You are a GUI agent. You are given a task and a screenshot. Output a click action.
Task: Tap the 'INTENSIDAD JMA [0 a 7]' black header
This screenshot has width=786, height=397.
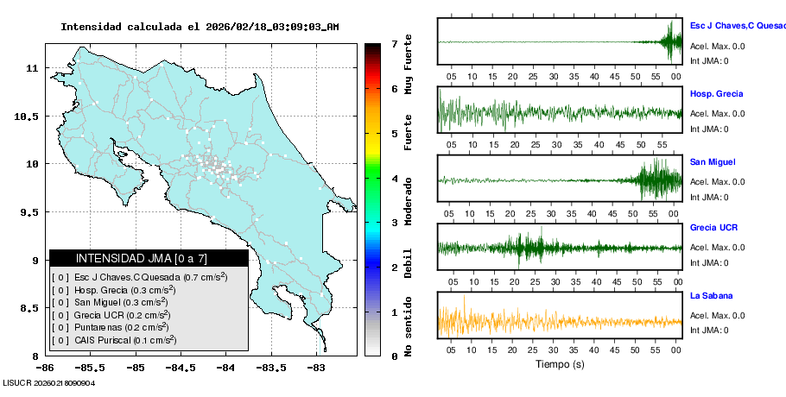pyautogui.click(x=142, y=258)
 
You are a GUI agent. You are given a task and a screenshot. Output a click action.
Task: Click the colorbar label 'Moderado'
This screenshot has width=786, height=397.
pyautogui.click(x=409, y=198)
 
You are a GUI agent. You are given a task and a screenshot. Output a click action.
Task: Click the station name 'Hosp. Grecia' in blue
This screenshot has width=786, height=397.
pyautogui.click(x=716, y=93)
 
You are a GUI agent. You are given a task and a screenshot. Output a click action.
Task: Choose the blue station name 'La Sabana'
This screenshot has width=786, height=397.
pyautogui.click(x=711, y=295)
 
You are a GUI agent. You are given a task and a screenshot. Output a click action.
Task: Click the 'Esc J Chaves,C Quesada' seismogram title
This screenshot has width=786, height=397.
pyautogui.click(x=737, y=26)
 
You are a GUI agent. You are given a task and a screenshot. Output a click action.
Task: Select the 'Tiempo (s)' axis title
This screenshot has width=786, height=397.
pyautogui.click(x=559, y=364)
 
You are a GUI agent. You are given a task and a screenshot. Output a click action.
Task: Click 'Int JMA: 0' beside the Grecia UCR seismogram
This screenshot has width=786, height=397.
pyautogui.click(x=709, y=263)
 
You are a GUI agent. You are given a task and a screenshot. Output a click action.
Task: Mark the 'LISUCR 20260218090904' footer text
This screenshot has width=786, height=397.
pyautogui.click(x=48, y=382)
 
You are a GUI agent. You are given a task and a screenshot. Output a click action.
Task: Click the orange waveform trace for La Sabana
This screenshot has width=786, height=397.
pyautogui.click(x=559, y=321)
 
